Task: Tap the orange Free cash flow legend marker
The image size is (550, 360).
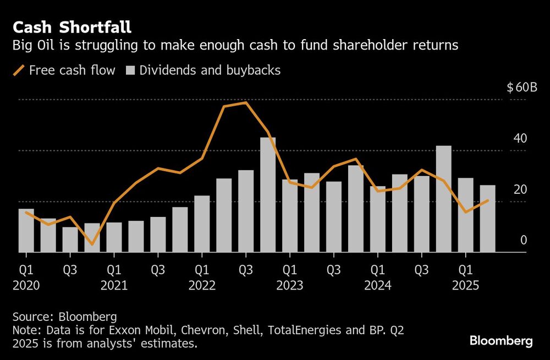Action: [19, 70]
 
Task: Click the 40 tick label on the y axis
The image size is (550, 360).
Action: [520, 139]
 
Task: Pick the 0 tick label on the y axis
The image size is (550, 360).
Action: [524, 240]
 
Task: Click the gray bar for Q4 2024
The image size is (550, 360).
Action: [444, 199]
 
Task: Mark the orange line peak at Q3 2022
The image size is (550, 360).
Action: [246, 102]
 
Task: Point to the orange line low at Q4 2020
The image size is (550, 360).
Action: [92, 244]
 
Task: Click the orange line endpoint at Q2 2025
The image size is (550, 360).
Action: [488, 200]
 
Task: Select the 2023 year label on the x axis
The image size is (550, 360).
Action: [290, 286]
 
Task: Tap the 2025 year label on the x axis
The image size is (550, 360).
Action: [466, 286]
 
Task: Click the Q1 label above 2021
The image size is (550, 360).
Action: [114, 271]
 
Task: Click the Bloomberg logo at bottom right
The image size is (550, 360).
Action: [501, 341]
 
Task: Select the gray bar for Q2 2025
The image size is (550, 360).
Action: [488, 219]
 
